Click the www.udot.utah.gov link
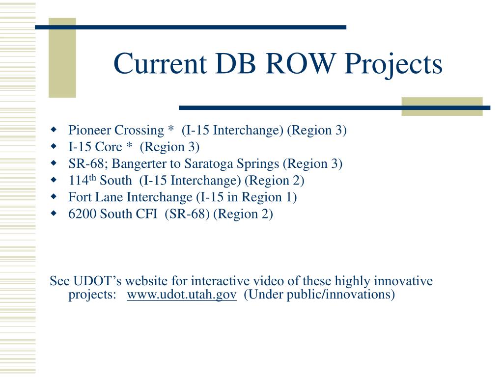181,294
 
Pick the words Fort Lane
96,197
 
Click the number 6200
83,214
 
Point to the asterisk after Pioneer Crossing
170,129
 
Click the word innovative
403,281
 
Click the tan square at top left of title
62,58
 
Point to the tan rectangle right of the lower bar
442,107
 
